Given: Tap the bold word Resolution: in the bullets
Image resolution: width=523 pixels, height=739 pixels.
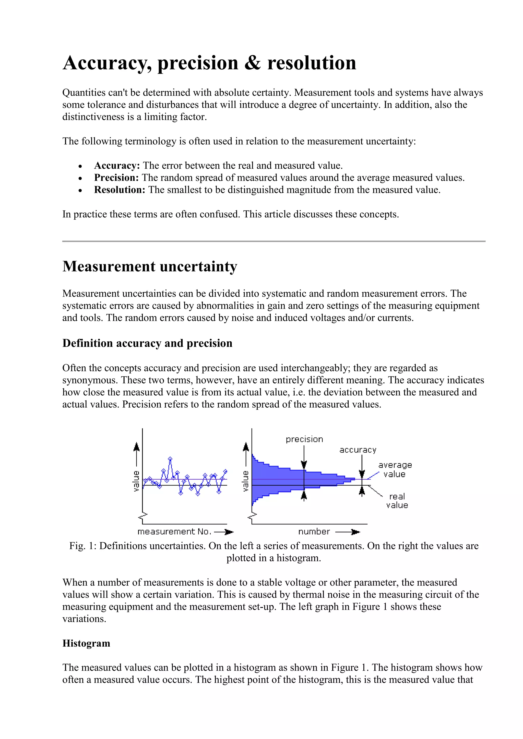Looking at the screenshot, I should point(120,190).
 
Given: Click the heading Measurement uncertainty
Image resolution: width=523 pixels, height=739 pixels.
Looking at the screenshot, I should point(150,267).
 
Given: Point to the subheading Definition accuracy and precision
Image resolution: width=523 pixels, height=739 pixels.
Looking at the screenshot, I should point(147,343).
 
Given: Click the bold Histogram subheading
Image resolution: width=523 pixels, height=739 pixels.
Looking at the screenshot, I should point(86,643).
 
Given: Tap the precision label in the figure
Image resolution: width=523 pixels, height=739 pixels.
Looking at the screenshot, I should point(304,439).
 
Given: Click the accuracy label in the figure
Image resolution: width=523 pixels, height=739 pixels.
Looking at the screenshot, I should point(358,450).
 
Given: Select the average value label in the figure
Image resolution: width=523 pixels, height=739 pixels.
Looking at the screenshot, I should point(395,470).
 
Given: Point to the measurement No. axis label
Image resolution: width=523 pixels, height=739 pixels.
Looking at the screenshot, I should point(174,531).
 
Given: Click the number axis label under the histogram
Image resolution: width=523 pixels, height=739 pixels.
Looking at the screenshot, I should point(314,531).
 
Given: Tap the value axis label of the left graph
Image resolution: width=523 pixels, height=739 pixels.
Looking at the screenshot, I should point(136,481).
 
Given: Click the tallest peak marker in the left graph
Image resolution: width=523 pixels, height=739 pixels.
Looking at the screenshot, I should point(170,458).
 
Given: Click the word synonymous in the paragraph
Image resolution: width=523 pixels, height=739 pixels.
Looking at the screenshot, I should point(90,380).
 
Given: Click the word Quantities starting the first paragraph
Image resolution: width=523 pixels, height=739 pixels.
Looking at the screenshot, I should point(84,93).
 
